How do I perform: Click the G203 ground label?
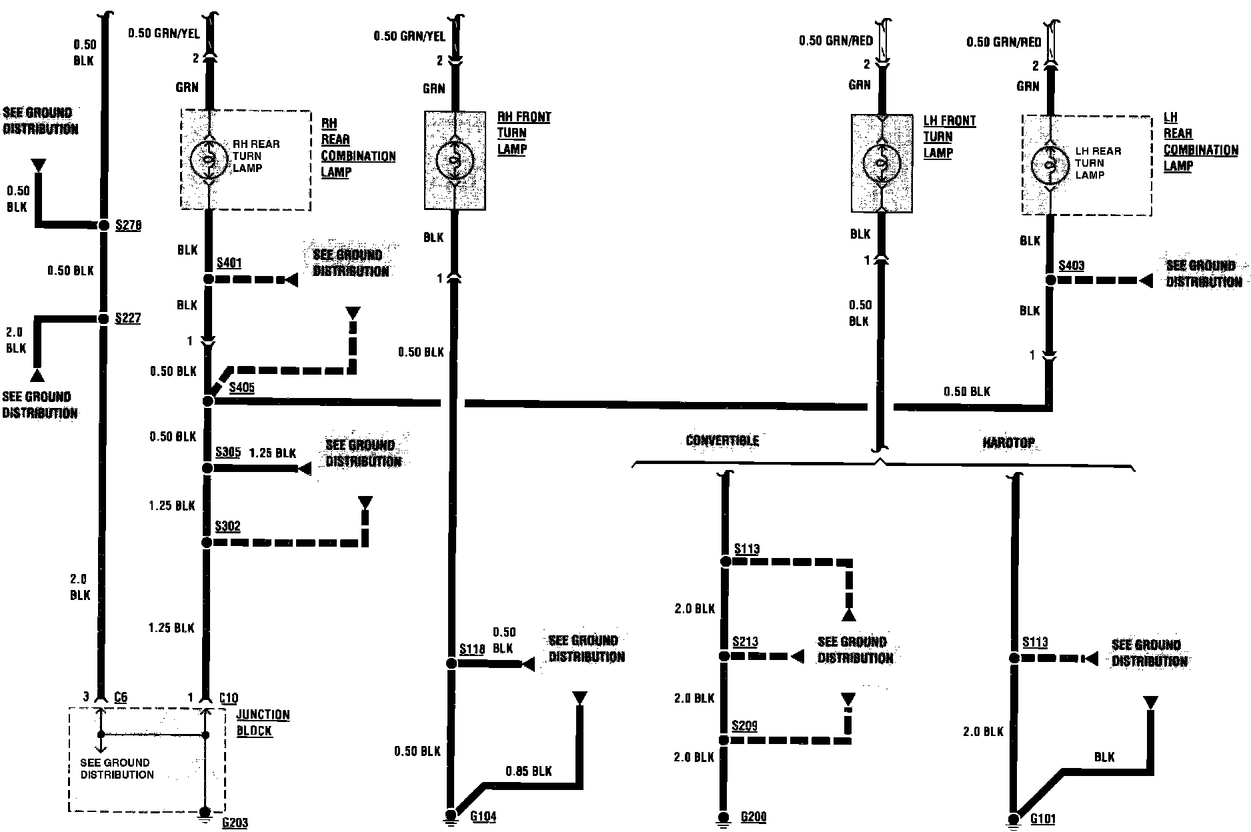(x=235, y=823)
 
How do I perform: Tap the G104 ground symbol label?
(x=483, y=817)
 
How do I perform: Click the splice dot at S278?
(x=103, y=225)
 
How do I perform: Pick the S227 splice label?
(x=127, y=318)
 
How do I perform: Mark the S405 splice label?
(x=241, y=387)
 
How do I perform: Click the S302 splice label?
(x=227, y=526)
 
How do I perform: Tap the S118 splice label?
(x=471, y=649)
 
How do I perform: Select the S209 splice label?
(x=744, y=725)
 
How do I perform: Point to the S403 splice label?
(x=1071, y=265)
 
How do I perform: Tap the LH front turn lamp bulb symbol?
(x=881, y=163)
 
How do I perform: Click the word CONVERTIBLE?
(x=722, y=440)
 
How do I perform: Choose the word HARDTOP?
(x=1008, y=442)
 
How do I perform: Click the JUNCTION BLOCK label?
(x=263, y=722)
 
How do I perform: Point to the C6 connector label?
(x=120, y=697)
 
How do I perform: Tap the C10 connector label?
(x=228, y=698)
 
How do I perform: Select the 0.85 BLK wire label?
(x=528, y=771)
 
